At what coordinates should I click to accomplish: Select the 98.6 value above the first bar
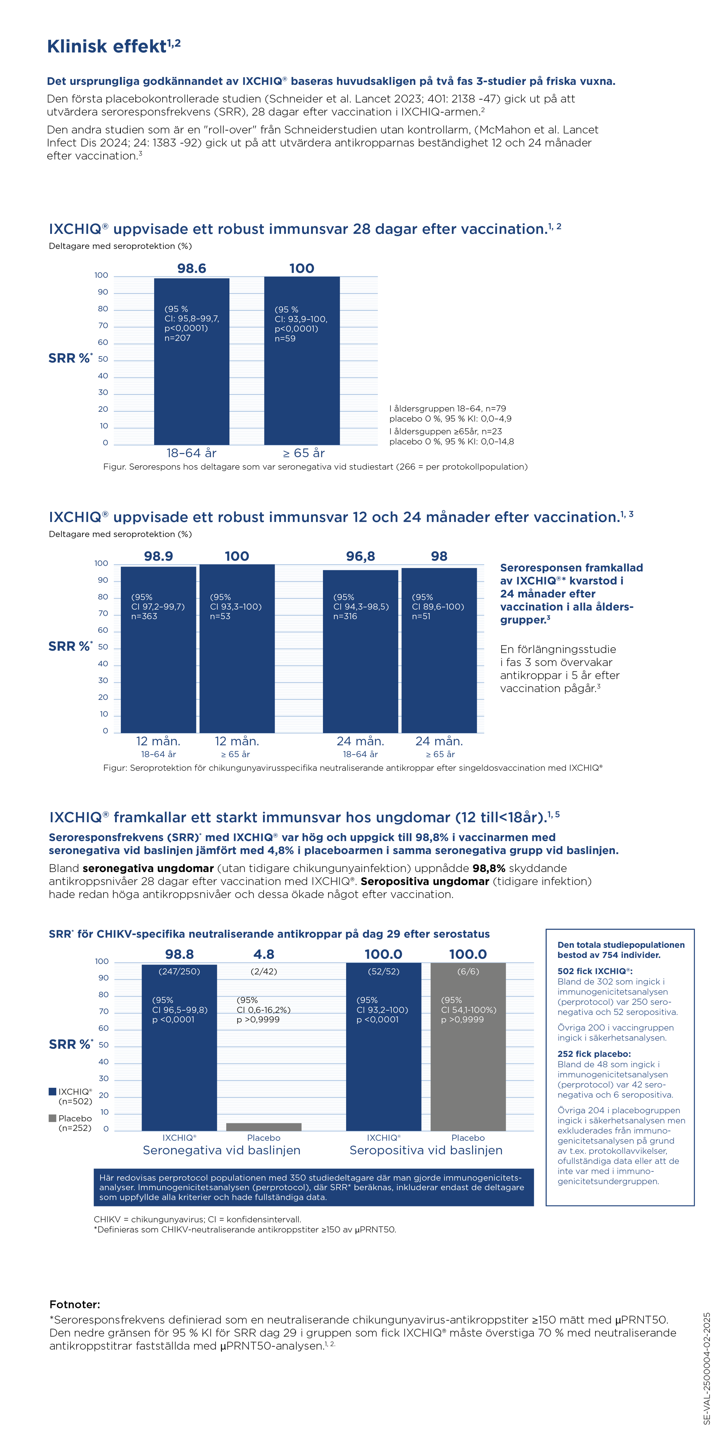(x=191, y=268)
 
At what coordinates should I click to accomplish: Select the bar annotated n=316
(x=360, y=669)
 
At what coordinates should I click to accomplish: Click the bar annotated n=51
(x=439, y=669)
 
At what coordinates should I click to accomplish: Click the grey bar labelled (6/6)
(x=468, y=1059)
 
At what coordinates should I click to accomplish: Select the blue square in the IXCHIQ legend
(x=52, y=1091)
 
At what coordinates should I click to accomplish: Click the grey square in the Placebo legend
(x=52, y=1118)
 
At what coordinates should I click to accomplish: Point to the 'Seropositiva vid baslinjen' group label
(x=426, y=1150)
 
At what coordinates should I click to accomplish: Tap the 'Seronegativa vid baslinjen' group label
(x=222, y=1150)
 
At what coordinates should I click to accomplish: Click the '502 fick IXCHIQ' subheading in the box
(x=595, y=971)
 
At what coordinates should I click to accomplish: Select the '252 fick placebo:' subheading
(x=594, y=1054)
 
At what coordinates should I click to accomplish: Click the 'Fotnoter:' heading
(x=75, y=1305)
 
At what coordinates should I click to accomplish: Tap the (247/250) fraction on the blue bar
(x=179, y=971)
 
